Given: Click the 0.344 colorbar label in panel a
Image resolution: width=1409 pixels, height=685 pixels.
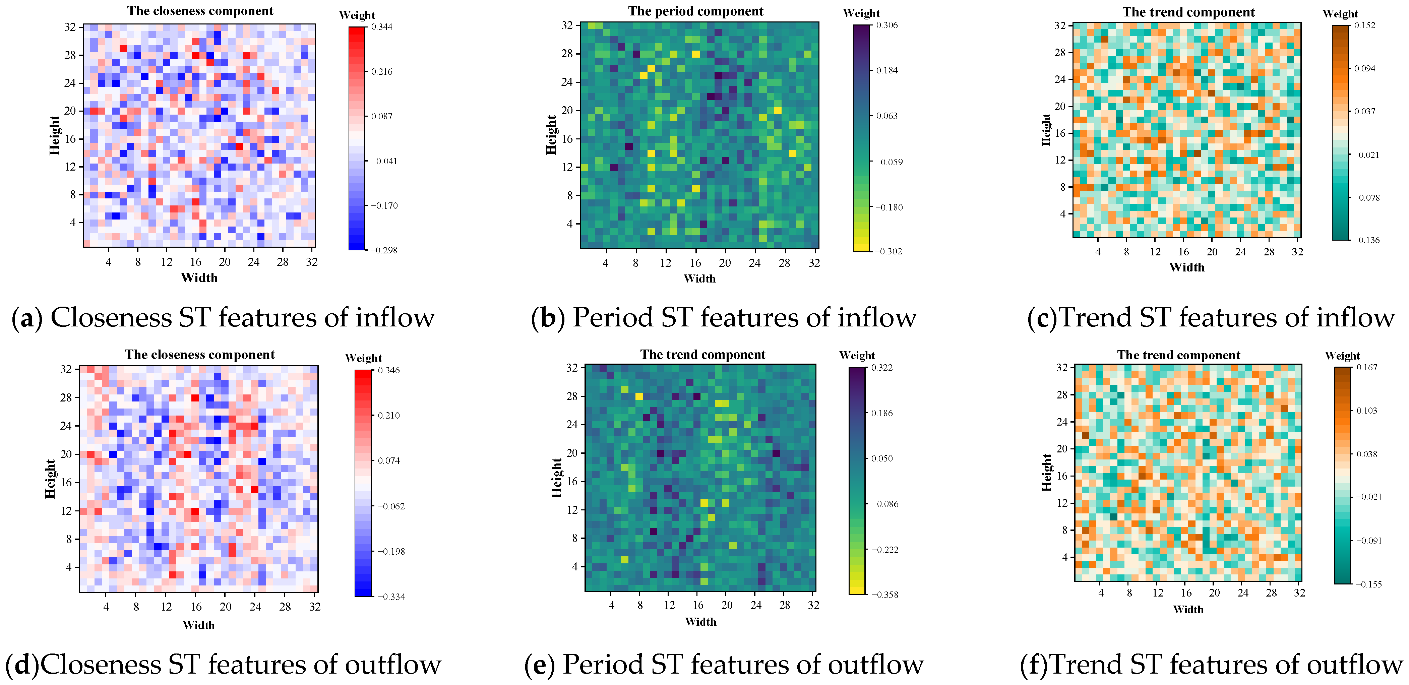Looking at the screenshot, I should click(x=381, y=27).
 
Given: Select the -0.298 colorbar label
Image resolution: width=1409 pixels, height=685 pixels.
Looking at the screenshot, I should click(x=384, y=250).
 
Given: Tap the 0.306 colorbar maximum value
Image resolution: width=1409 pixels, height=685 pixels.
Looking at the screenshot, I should click(x=886, y=25).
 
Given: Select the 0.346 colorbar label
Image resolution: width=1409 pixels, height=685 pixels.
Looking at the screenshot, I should click(x=388, y=370).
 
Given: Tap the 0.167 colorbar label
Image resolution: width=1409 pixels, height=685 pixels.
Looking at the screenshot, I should click(x=1366, y=367).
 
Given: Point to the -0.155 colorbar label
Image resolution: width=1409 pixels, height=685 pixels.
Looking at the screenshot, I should click(x=1368, y=584).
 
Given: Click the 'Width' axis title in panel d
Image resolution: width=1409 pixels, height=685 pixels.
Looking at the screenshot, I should click(x=198, y=625).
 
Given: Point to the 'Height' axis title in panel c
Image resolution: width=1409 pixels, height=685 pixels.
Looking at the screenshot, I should click(x=1046, y=130).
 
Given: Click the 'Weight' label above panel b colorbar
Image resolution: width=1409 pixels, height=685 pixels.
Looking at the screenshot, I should click(x=861, y=13).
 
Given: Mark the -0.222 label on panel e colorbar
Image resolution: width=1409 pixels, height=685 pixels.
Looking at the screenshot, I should click(x=884, y=550).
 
